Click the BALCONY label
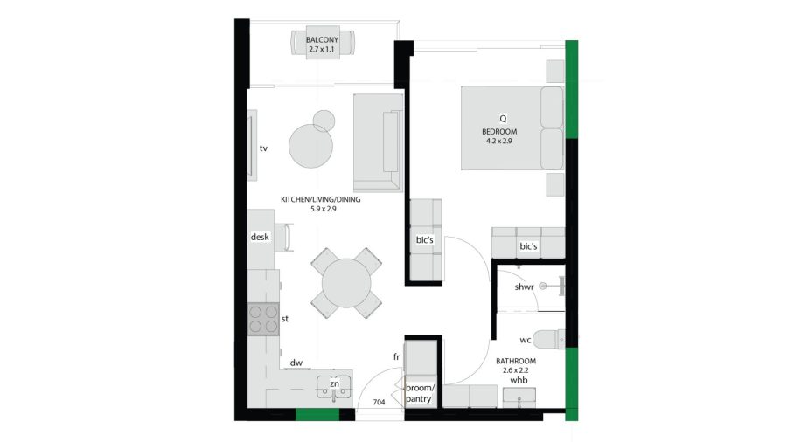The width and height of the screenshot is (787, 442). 322,39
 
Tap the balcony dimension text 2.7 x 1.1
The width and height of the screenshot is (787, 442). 322,49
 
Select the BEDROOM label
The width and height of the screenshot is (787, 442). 499,132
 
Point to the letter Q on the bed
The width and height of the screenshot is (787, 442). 503,119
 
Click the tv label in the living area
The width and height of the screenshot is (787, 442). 263,148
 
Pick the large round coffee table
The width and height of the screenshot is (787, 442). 310,147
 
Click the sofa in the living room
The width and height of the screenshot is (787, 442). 378,143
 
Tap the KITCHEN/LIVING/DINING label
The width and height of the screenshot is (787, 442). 320,199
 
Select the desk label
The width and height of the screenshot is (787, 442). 260,237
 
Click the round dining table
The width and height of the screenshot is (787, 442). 346,283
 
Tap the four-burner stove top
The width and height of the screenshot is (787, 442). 263,319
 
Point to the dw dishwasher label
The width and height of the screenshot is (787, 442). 296,363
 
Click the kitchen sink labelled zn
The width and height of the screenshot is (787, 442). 334,388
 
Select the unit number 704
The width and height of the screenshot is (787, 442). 379,402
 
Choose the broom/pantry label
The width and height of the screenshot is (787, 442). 420,393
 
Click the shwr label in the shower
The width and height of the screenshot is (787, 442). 524,287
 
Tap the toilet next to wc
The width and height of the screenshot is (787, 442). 548,339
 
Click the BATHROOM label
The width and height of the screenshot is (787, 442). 516,361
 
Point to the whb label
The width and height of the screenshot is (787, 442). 519,380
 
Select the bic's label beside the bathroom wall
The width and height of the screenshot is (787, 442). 528,246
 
